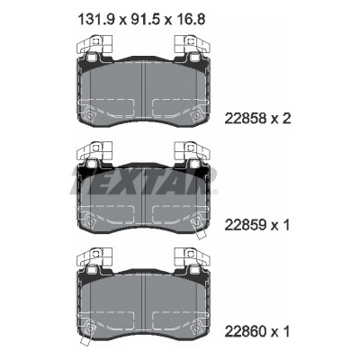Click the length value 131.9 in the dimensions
pos(96,20)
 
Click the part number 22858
pos(246,119)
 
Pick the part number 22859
pos(246,225)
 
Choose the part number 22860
pos(246,331)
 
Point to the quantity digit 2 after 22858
pos(286,119)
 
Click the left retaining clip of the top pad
pos(94,44)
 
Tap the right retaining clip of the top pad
pos(193,44)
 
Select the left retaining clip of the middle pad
pos(94,150)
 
